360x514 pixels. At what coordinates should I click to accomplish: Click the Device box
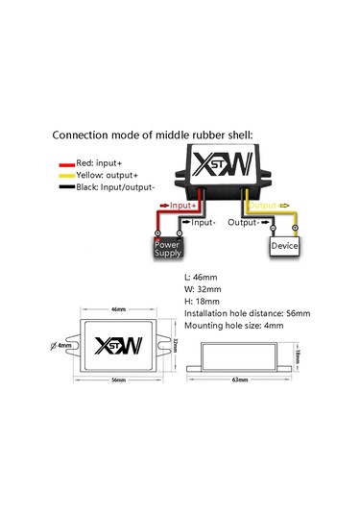[284, 247]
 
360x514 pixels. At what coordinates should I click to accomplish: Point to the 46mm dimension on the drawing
[119, 310]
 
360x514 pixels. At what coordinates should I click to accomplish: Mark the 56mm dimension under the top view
[119, 380]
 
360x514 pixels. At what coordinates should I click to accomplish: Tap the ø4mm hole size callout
[64, 345]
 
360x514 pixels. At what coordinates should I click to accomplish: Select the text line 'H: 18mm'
[203, 300]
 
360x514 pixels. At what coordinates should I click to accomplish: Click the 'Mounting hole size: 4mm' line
[238, 326]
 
